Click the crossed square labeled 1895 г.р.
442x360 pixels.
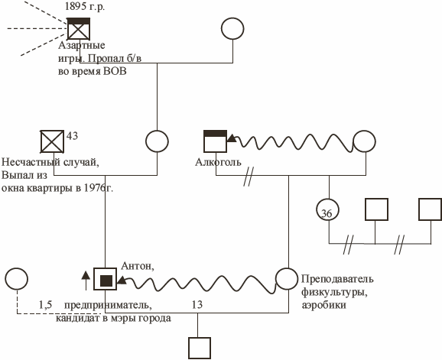point(79,29)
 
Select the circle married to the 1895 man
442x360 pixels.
point(232,29)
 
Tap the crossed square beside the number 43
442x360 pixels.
point(52,141)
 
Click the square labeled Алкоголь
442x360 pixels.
point(216,141)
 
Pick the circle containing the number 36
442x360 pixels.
point(327,210)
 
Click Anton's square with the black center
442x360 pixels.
point(105,279)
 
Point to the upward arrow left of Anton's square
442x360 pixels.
point(86,281)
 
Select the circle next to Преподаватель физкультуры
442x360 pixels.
point(287,279)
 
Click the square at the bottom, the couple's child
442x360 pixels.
point(200,349)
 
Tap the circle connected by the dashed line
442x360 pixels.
point(16,279)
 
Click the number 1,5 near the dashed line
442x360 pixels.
point(45,304)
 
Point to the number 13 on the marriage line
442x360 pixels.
point(197,304)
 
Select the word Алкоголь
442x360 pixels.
point(218,162)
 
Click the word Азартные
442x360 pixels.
point(82,46)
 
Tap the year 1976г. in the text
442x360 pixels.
point(99,187)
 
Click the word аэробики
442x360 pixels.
point(324,305)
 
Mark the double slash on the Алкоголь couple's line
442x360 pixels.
point(249,177)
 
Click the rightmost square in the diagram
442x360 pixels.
point(431,209)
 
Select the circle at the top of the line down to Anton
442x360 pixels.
point(157,141)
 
